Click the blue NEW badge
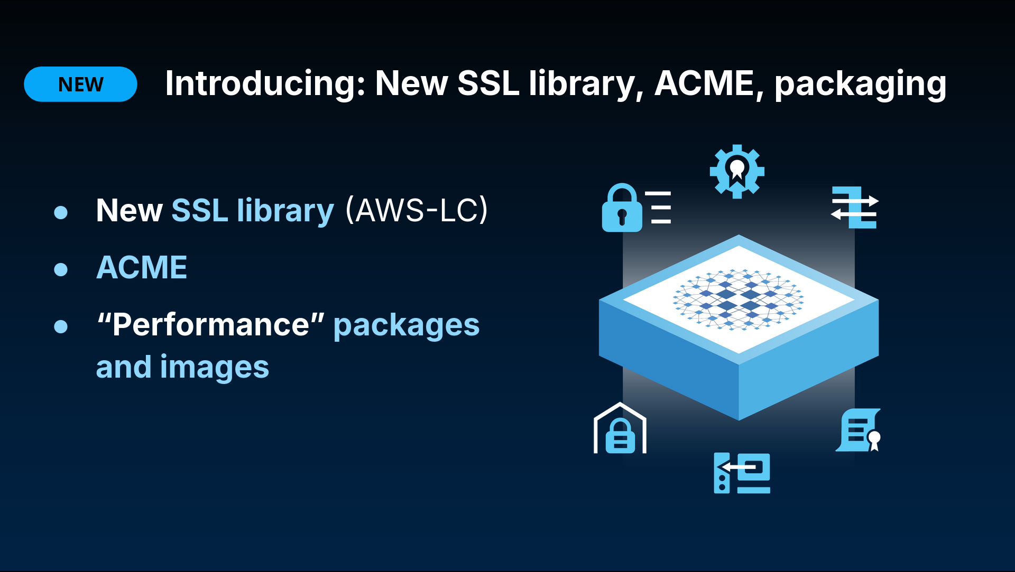pos(80,84)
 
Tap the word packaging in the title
pos(860,85)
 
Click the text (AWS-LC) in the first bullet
pos(417,210)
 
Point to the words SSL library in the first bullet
pos(253,211)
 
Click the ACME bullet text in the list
pos(142,267)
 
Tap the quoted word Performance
pos(210,324)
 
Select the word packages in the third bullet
pos(407,326)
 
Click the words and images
pos(182,367)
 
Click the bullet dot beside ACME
pos(61,269)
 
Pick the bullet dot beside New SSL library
pos(61,212)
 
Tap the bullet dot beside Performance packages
pos(61,326)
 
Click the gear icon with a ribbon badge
pos(737,172)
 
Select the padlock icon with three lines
pos(636,208)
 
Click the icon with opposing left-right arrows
pos(854,207)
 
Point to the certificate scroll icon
pos(858,430)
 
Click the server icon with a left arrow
pos(742,473)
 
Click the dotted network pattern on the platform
pos(738,299)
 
